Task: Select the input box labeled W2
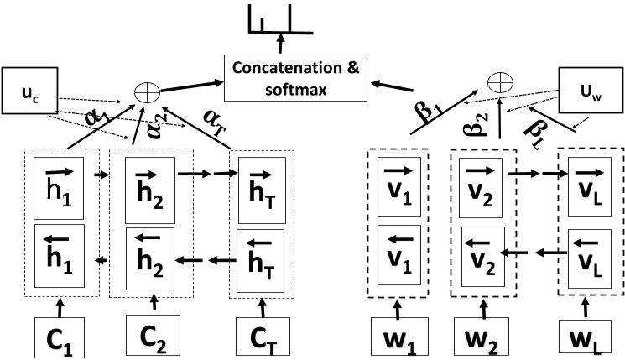click(x=481, y=333)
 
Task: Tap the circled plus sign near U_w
click(x=500, y=81)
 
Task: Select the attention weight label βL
click(x=537, y=127)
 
